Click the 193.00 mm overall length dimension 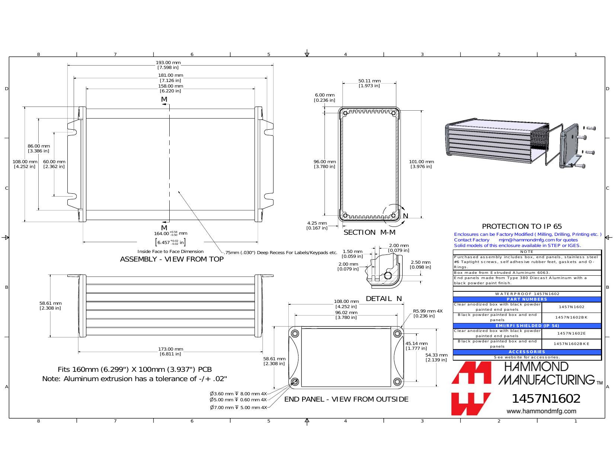click(x=168, y=65)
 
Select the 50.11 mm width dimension click(x=369, y=83)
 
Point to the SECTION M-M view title click(x=369, y=232)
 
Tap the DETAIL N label click(x=384, y=298)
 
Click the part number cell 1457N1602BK click(x=571, y=317)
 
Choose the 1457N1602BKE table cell click(x=571, y=344)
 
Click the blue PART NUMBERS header click(x=527, y=299)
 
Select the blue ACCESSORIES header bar click(x=527, y=352)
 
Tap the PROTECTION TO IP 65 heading click(x=522, y=227)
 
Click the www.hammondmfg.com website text click(x=541, y=411)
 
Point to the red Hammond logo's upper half click(x=471, y=372)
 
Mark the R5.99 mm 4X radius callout click(x=428, y=313)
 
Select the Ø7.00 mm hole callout click(x=238, y=408)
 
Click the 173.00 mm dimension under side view click(x=170, y=351)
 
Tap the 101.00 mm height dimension click(x=421, y=164)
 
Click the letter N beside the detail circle click(x=406, y=216)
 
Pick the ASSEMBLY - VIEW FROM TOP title click(x=172, y=259)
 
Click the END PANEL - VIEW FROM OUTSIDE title click(x=346, y=399)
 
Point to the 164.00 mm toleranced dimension click(x=170, y=238)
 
